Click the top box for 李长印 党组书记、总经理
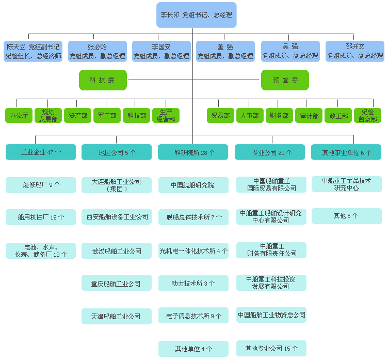pos(196,15)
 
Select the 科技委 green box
pos(103,80)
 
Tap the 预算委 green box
pos(285,80)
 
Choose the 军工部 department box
pos(107,115)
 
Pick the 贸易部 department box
pos(220,115)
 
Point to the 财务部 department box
pos(279,115)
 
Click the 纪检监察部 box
pos(367,115)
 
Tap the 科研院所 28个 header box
pos(193,152)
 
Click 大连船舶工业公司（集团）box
pos(117,185)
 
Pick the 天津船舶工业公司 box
pos(117,316)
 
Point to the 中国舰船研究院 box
pos(193,185)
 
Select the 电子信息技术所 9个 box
pos(193,316)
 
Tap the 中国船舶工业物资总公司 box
pos(271,315)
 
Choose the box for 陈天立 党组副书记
pos(33,51)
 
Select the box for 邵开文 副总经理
pos(355,51)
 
